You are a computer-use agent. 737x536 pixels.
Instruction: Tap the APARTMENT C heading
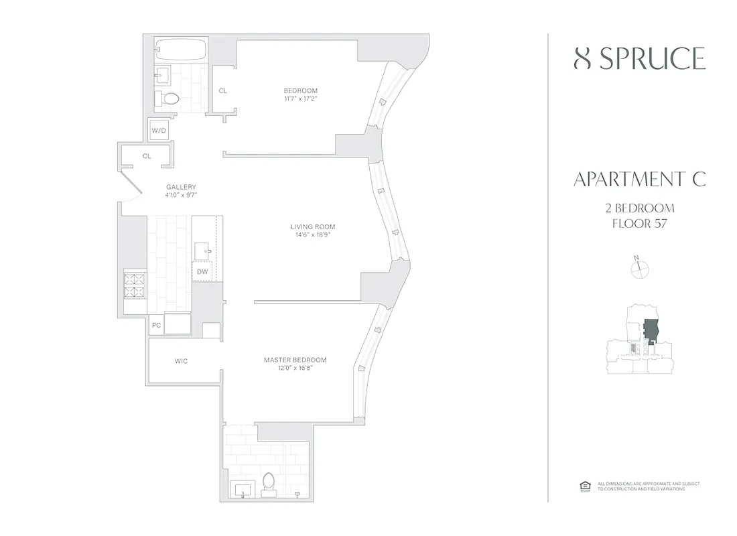(639, 180)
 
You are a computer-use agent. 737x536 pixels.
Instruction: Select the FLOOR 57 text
(639, 223)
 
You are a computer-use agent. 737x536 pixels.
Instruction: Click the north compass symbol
(641, 268)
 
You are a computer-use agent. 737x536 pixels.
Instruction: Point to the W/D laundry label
(159, 131)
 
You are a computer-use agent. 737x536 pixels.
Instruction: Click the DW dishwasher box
(202, 271)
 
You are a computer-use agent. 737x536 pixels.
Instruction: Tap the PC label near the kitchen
(157, 326)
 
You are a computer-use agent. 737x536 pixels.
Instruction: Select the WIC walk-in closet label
(182, 361)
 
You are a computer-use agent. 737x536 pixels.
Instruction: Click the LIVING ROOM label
(308, 226)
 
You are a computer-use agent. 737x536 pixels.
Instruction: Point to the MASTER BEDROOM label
(295, 360)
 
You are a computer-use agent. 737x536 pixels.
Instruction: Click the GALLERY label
(181, 187)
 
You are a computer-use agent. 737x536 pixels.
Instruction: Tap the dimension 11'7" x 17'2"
(300, 99)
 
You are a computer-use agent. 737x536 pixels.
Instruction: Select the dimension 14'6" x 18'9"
(308, 235)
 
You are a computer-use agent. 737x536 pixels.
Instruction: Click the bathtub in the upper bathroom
(180, 50)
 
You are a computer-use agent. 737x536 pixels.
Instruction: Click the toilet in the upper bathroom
(171, 99)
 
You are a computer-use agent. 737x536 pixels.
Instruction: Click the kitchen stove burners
(135, 286)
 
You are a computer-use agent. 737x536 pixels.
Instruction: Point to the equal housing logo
(583, 486)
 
